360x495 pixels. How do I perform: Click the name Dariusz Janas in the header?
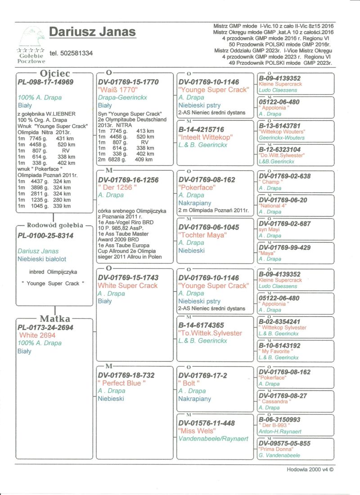tap(92, 32)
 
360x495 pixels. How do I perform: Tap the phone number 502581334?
tap(72, 53)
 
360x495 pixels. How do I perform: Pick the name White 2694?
tap(37, 336)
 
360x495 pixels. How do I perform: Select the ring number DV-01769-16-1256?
tap(128, 180)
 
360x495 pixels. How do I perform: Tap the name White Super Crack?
tap(128, 286)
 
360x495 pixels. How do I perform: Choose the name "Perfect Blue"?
tap(121, 383)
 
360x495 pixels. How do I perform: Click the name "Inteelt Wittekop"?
tap(205, 137)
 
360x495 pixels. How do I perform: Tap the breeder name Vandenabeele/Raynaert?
tap(213, 439)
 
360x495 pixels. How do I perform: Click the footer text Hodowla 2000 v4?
tap(310, 469)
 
